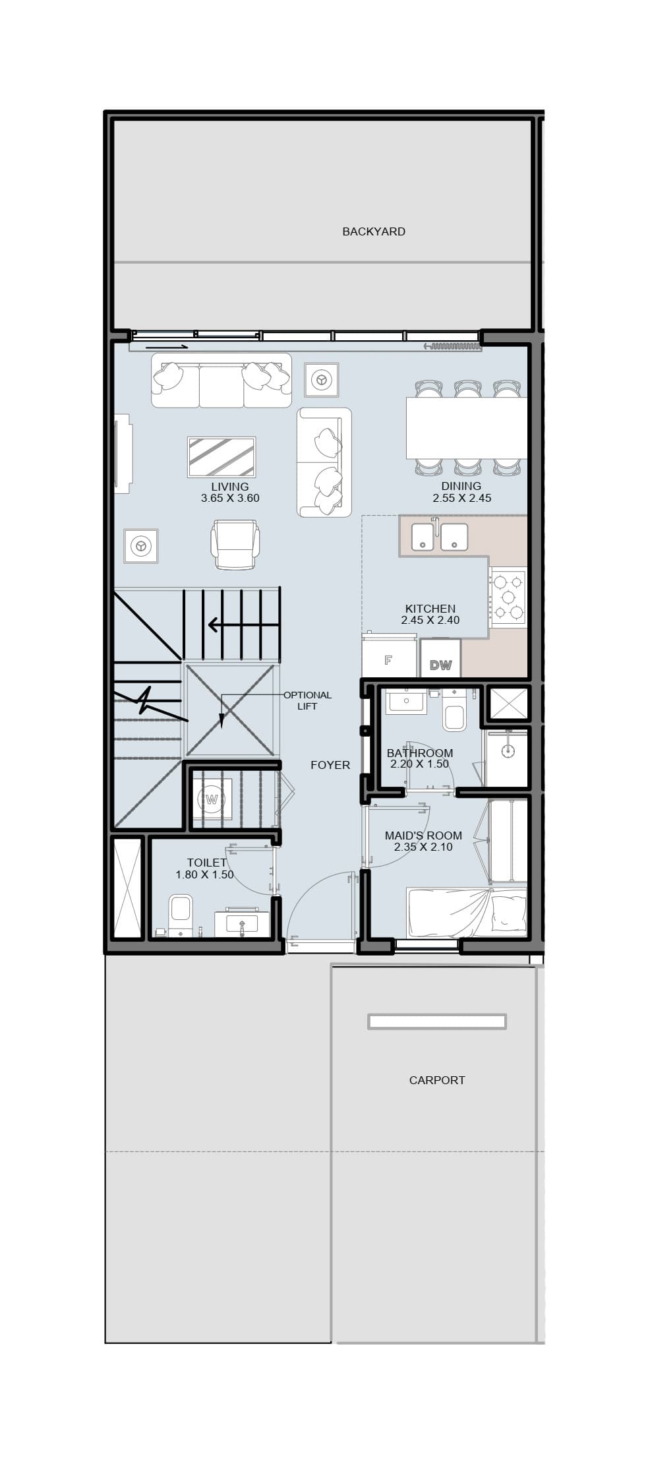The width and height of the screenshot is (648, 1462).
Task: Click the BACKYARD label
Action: point(374,231)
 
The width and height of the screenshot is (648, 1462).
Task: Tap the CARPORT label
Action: point(437,1080)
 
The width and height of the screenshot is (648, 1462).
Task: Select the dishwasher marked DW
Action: point(440,659)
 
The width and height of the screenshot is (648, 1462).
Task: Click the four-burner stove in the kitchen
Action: point(508,597)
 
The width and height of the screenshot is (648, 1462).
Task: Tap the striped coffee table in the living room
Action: point(221,456)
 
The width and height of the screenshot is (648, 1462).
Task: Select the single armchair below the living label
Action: point(234,544)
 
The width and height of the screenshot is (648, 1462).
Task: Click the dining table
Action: point(467,427)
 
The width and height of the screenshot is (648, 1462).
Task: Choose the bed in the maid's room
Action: point(467,913)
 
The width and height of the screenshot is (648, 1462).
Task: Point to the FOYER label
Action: point(330,765)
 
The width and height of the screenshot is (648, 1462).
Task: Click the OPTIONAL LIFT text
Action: point(307,700)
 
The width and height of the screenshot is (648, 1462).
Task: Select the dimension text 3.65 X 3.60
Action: point(230,498)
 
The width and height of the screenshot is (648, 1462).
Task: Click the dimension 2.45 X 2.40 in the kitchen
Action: point(430,620)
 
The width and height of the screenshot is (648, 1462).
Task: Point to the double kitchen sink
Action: point(439,536)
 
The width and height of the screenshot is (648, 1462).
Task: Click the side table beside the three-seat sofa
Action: point(322,380)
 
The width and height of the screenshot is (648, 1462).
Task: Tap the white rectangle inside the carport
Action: point(437,1021)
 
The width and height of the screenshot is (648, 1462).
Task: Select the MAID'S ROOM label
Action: point(423,836)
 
